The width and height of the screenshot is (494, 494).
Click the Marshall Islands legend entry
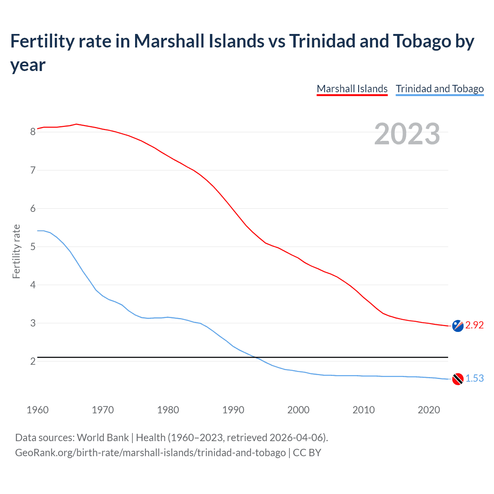(352, 89)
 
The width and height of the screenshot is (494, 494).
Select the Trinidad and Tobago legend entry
(440, 89)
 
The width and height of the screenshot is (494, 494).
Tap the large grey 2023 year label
(407, 134)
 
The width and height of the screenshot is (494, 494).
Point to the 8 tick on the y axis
(33, 132)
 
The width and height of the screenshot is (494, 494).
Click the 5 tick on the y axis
(33, 247)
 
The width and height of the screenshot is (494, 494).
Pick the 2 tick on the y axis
(33, 361)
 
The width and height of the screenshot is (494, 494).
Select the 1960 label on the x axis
(37, 410)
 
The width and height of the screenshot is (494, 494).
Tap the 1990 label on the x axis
(233, 410)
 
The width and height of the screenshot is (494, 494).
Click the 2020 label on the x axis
(429, 410)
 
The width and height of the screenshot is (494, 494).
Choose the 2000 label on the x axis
(298, 410)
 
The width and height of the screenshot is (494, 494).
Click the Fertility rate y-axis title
(16, 251)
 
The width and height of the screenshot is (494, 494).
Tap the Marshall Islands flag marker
(458, 326)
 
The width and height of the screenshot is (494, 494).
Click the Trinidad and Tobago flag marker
(458, 379)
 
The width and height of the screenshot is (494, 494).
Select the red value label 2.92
(474, 325)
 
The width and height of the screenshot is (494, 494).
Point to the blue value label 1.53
(474, 379)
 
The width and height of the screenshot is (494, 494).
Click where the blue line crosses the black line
(256, 357)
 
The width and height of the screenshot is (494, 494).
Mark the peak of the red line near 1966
(76, 124)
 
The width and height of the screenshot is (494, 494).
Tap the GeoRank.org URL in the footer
(150, 452)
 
